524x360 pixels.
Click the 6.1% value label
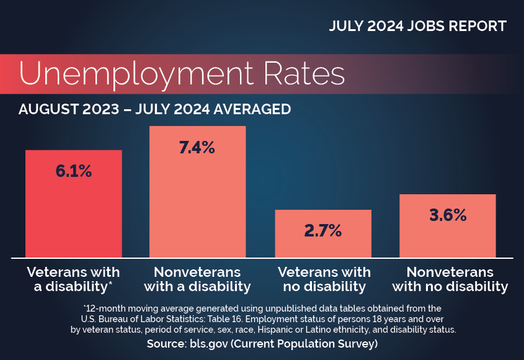coord(74,171)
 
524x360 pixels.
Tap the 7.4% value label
coord(197,148)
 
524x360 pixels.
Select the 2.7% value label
coord(322,231)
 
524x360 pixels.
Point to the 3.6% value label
coord(448,215)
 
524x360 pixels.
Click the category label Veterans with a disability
coord(73,279)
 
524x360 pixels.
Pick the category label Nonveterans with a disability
coord(197,279)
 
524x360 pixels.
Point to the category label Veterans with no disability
coord(324,279)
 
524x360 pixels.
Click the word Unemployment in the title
coord(136,74)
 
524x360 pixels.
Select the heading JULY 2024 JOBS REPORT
coord(417,26)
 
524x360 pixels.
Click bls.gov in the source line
coord(204,343)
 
